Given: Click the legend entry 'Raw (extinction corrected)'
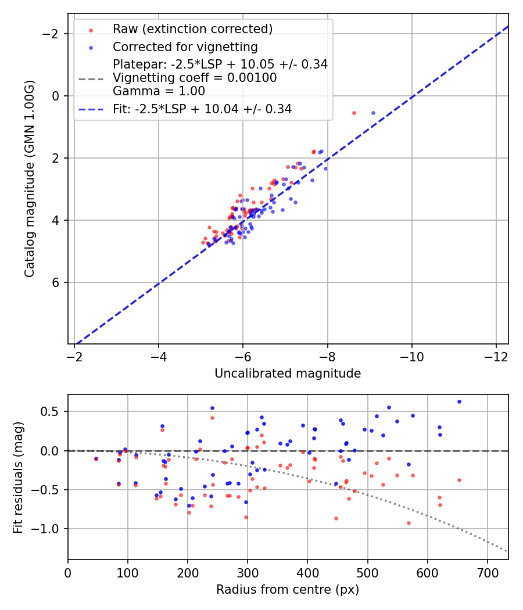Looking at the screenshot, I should pos(192,29).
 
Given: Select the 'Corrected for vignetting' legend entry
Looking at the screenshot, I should pos(185,46).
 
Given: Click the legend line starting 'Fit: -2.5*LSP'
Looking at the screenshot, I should pos(202,109).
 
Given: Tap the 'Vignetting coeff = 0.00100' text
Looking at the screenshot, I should pos(195,78).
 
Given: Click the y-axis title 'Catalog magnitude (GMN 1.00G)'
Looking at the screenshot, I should pos(30,178).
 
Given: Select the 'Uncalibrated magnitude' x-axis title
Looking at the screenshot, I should pos(288,374).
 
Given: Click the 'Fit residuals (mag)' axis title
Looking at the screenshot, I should pos(18,477).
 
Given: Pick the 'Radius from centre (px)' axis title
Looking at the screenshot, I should pos(288,590).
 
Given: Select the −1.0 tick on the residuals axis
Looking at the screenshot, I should pos(51,529).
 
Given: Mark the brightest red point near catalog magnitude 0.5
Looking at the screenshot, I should pos(354,113).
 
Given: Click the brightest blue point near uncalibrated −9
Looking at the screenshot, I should pos(373,113).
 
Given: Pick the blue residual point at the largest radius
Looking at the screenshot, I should pos(459,401).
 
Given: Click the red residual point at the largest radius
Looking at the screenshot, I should pos(459,480).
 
